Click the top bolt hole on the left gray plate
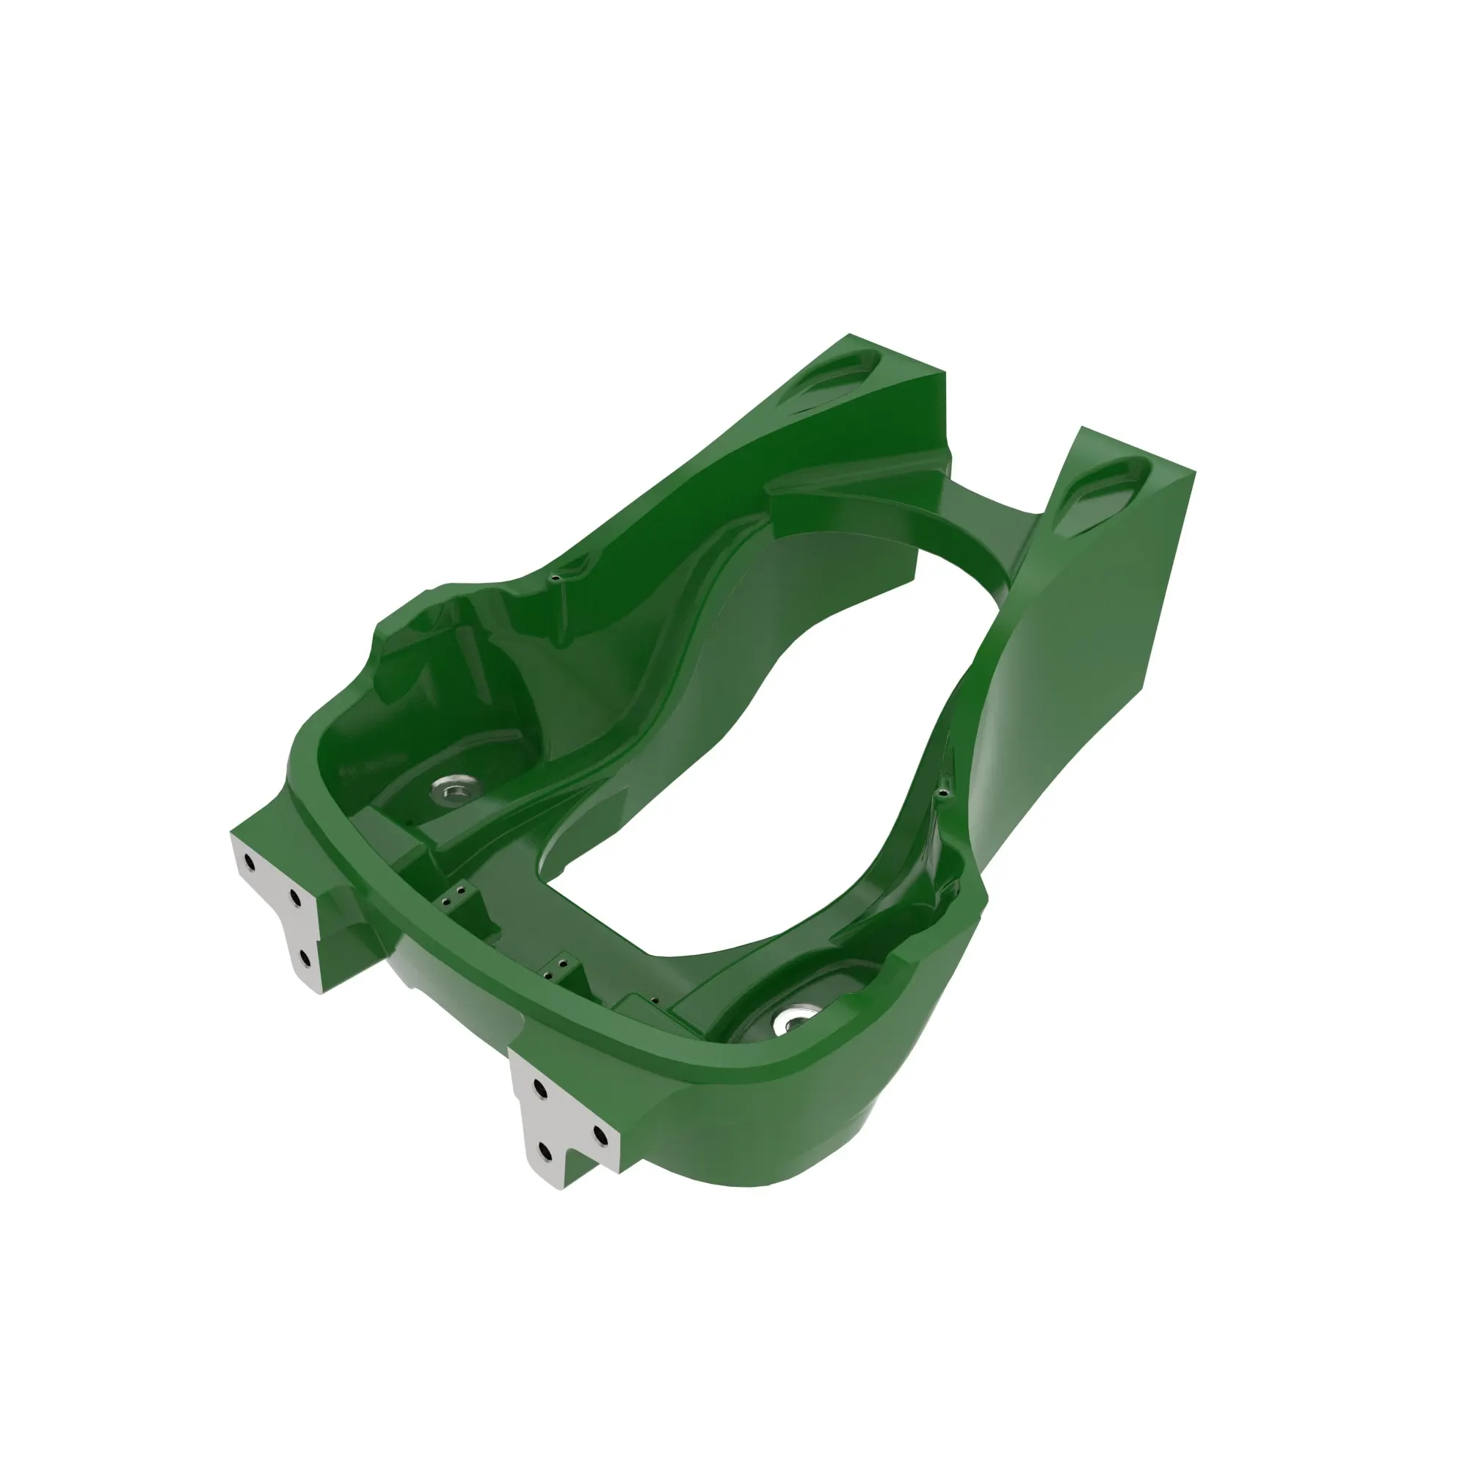click(250, 862)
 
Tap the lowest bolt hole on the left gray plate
click(305, 957)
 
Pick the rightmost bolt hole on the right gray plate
click(600, 1135)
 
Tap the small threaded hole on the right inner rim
click(943, 794)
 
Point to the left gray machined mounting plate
click(277, 904)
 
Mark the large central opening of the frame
click(760, 760)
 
